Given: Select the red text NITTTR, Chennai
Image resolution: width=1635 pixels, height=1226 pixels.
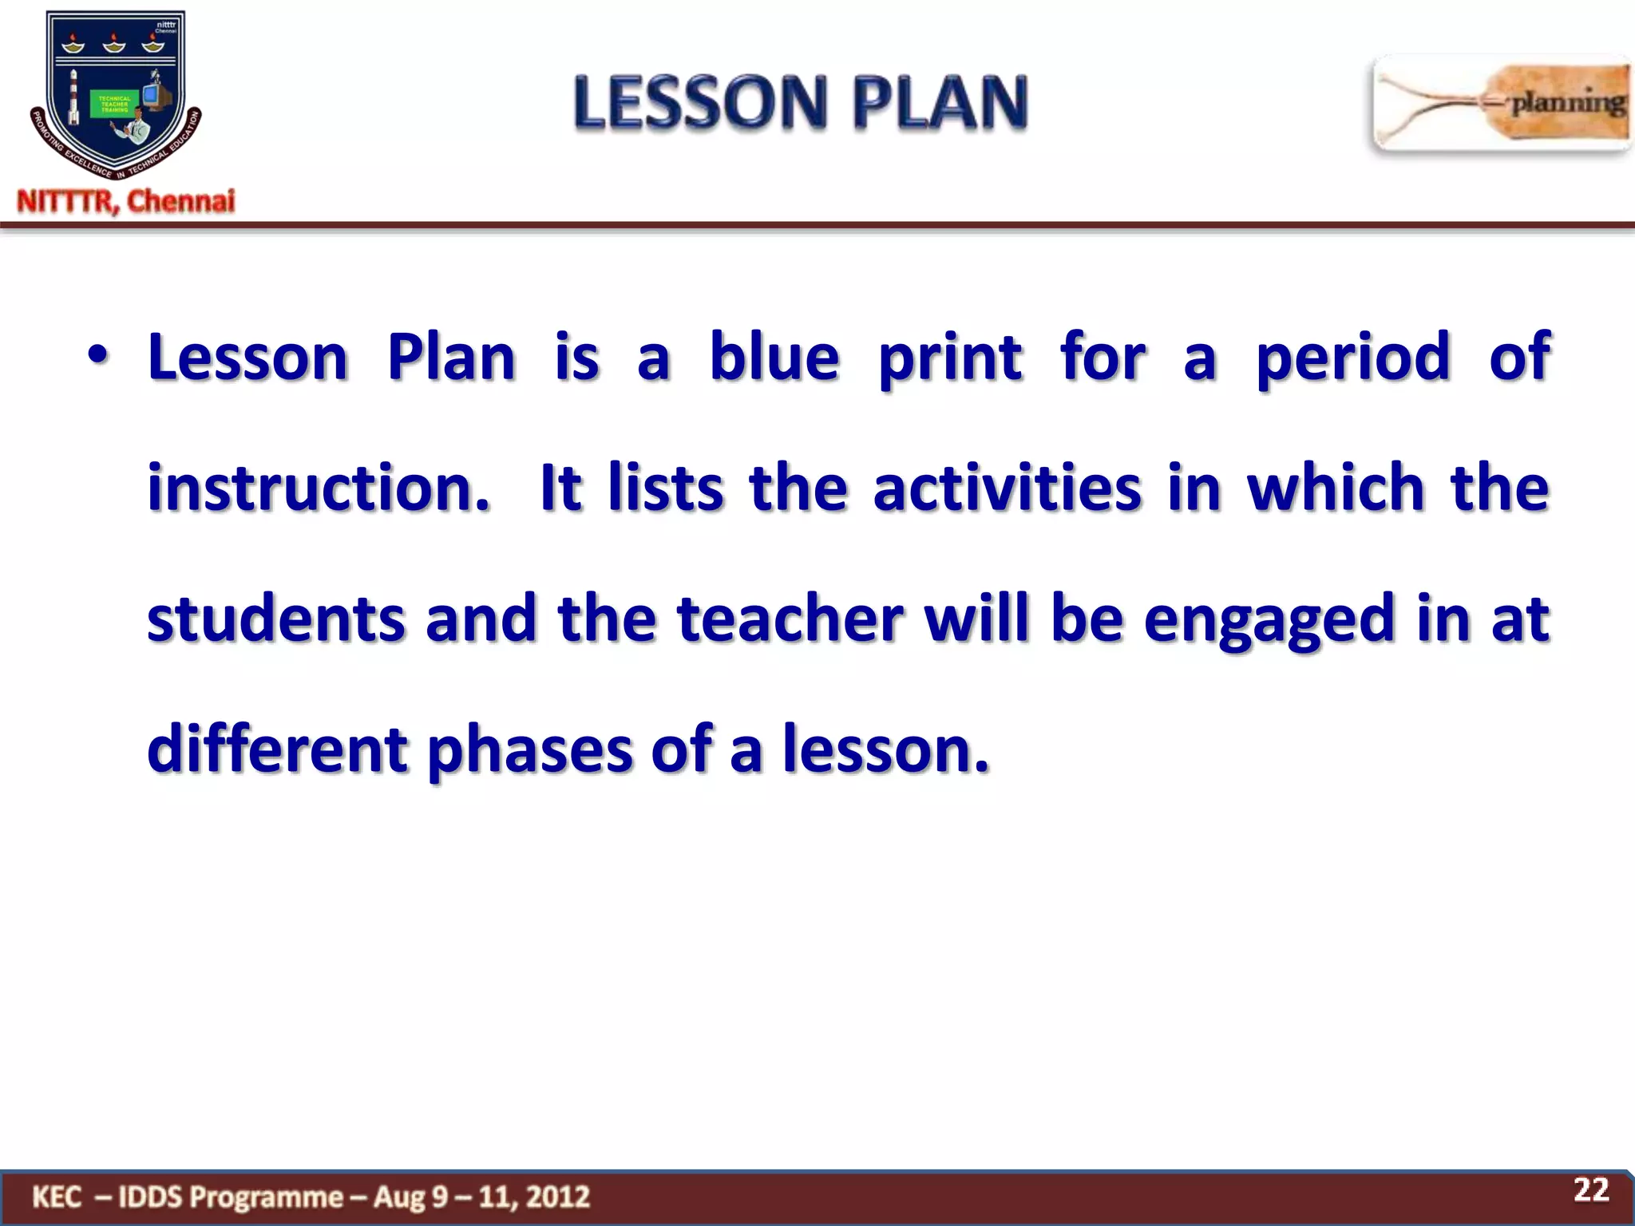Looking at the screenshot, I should coord(126,201).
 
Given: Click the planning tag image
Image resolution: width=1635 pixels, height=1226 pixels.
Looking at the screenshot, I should coord(1501,104).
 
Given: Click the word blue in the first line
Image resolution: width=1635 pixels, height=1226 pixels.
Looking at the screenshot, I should coord(774,357).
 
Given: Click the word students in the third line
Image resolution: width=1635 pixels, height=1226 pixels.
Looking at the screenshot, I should coord(276,619).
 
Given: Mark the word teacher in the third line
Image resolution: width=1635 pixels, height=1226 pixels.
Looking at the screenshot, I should coord(790,619).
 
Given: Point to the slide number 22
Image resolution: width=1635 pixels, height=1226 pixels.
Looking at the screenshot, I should coord(1590,1189).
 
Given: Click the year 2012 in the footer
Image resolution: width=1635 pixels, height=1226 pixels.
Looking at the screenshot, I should coord(558,1197).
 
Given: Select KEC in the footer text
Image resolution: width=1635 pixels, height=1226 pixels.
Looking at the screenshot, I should coord(57,1197).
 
